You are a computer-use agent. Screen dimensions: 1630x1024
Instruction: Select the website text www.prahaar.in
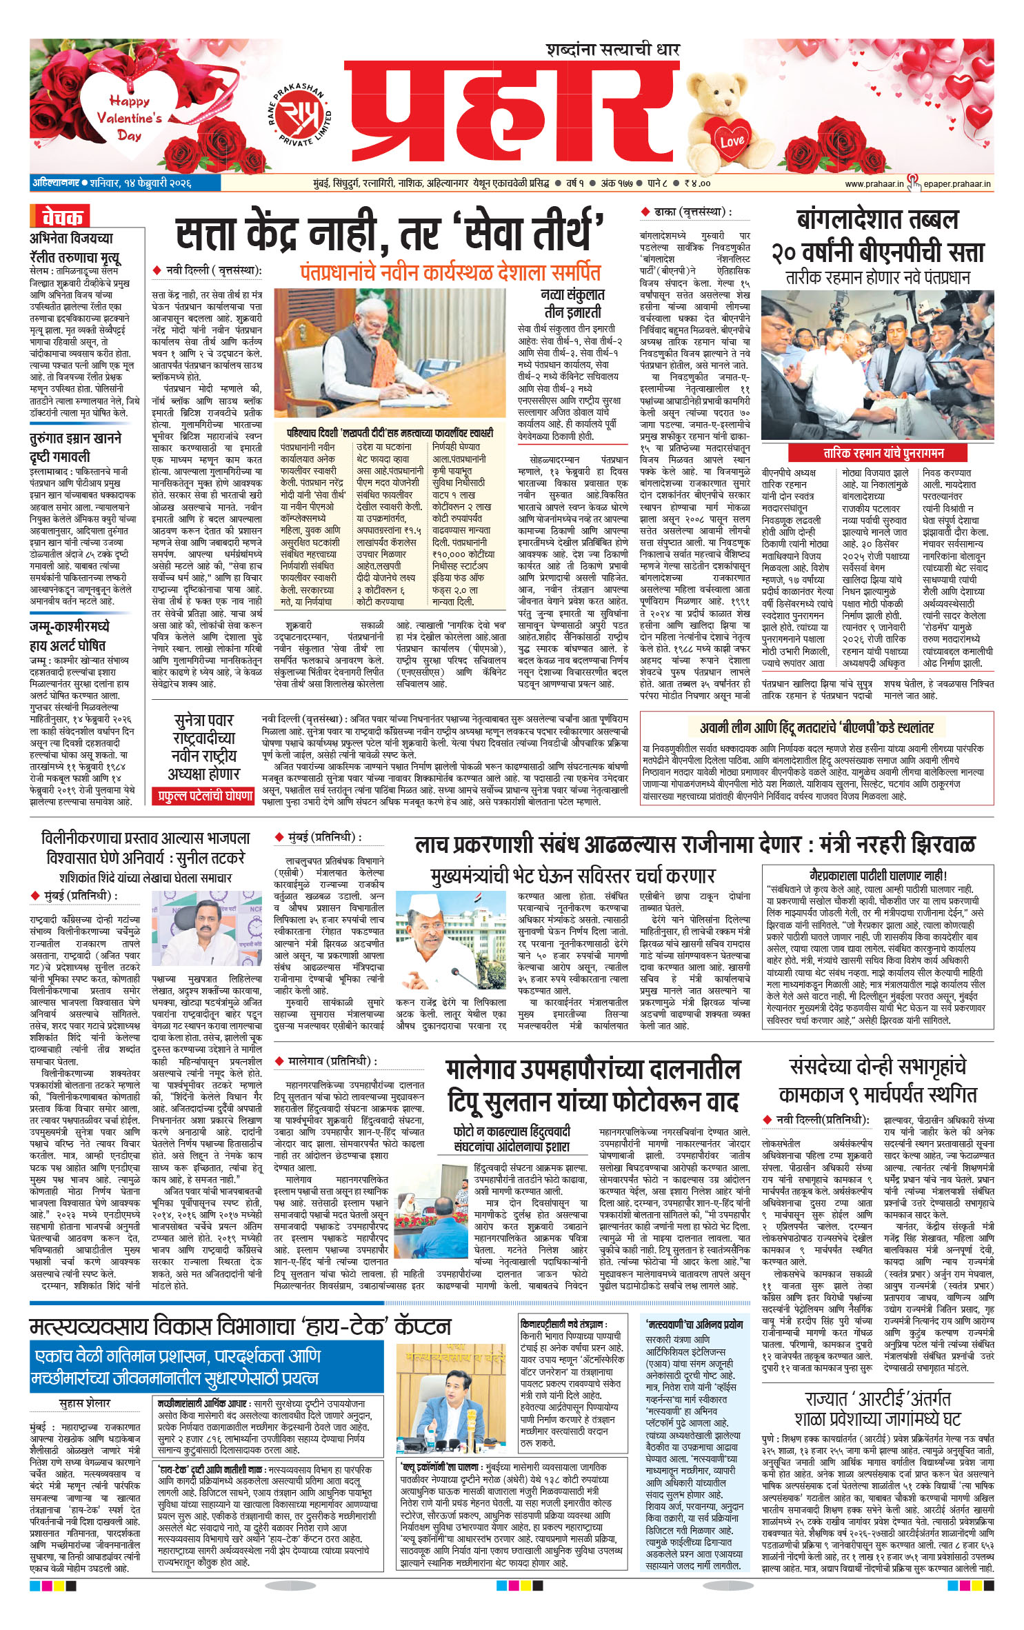[874, 183]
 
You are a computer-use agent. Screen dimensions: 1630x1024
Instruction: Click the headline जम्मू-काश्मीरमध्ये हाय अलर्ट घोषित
[68, 636]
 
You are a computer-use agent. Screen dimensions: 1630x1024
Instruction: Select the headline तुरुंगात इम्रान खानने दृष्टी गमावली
[76, 447]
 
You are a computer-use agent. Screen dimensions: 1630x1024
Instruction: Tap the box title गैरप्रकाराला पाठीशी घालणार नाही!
[878, 876]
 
